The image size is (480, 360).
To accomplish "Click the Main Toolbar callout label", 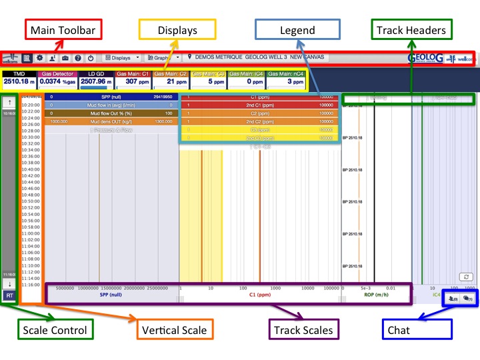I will pyautogui.click(x=61, y=29).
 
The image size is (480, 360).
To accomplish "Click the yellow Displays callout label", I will pyautogui.click(x=177, y=29).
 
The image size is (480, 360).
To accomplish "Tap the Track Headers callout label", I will pyautogui.click(x=412, y=29).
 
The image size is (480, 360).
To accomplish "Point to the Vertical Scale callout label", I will pyautogui.click(x=173, y=329).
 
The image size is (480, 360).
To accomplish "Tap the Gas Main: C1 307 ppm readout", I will pyautogui.click(x=133, y=78).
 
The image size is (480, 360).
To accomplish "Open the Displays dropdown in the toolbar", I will pyautogui.click(x=123, y=58).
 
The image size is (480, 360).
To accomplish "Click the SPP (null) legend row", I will pyautogui.click(x=111, y=97).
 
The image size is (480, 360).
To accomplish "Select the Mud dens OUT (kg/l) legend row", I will pyautogui.click(x=111, y=121).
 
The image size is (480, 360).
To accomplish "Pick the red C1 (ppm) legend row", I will pyautogui.click(x=260, y=97).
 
